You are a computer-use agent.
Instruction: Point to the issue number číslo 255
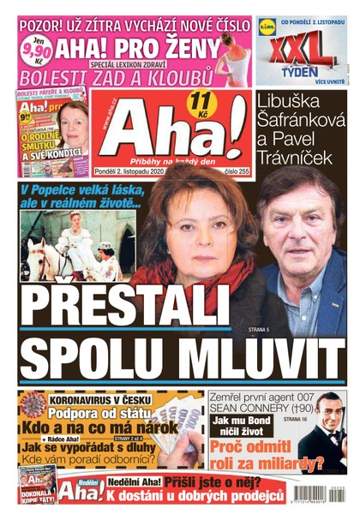click(232, 169)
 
